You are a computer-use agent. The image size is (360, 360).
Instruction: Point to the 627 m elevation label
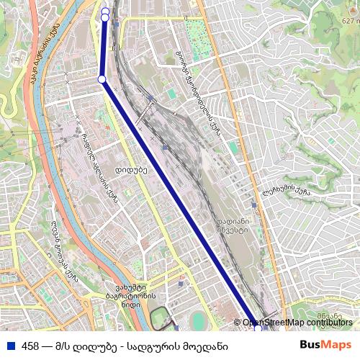pyautogui.click(x=349, y=21)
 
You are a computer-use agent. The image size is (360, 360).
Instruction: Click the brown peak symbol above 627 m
pyautogui.click(x=351, y=12)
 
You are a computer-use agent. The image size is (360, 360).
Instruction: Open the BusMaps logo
pyautogui.click(x=325, y=345)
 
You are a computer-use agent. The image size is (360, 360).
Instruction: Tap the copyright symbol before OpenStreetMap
pyautogui.click(x=238, y=323)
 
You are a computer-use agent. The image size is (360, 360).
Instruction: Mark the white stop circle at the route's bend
pyautogui.click(x=102, y=78)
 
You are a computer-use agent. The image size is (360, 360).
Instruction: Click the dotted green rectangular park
pyautogui.click(x=196, y=31)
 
